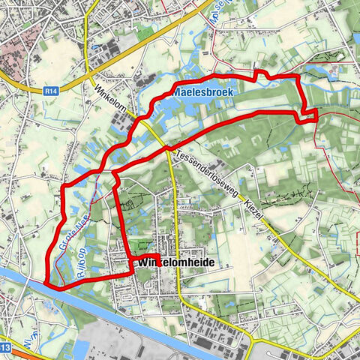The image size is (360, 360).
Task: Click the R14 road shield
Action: [x=50, y=90]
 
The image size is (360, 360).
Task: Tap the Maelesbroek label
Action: [x=203, y=91]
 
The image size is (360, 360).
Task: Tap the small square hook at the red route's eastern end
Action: [x=309, y=115]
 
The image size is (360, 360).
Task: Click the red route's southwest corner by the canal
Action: [x=49, y=283]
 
